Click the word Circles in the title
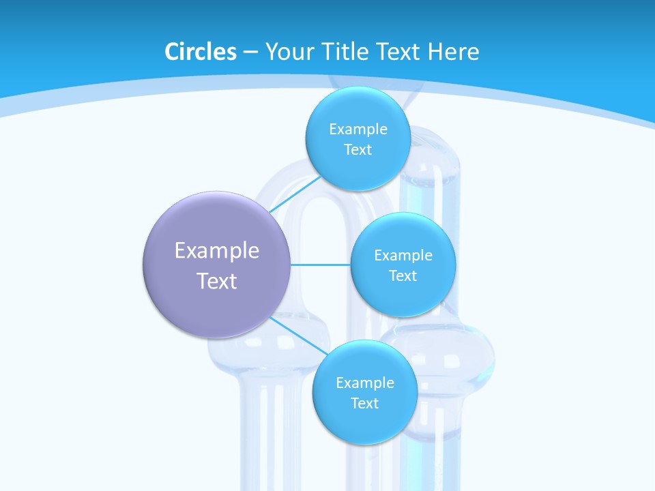(x=200, y=52)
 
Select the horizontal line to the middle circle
(x=321, y=265)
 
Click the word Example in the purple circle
(x=216, y=251)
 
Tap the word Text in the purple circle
(x=216, y=281)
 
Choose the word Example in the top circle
(x=358, y=130)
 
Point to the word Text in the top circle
(x=358, y=150)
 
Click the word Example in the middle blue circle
(x=403, y=256)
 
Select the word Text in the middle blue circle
(x=403, y=276)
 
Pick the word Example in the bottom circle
(x=364, y=383)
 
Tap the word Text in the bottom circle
(x=364, y=404)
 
